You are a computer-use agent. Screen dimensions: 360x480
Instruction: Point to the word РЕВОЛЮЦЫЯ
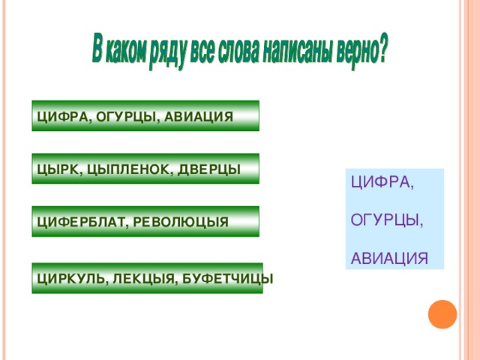pyautogui.click(x=180, y=223)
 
